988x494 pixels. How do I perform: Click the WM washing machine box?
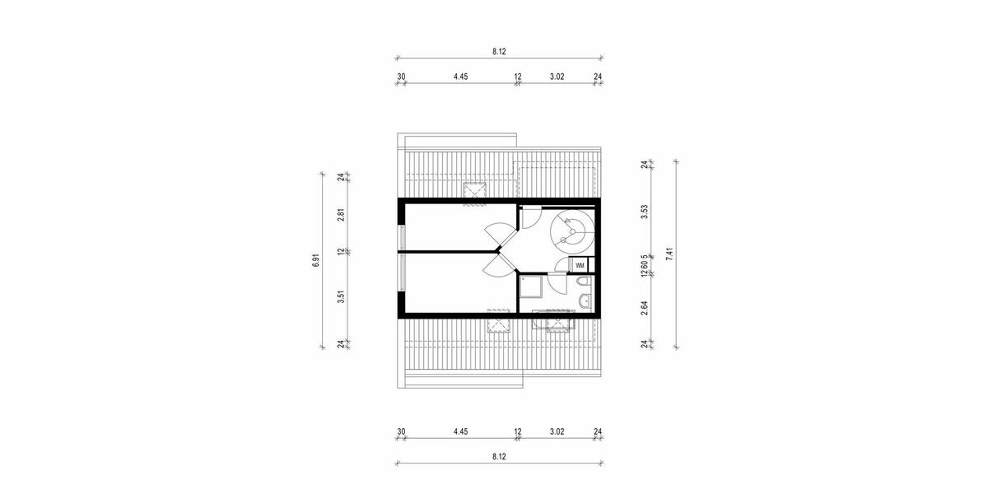pos(580,265)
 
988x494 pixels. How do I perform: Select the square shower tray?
pos(531,285)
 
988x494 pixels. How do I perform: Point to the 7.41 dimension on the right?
pos(669,254)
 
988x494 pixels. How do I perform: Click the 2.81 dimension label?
pos(340,216)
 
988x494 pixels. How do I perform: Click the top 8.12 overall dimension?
pos(498,51)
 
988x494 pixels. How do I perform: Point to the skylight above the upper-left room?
pos(474,192)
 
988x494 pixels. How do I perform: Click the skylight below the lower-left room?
pos(498,321)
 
